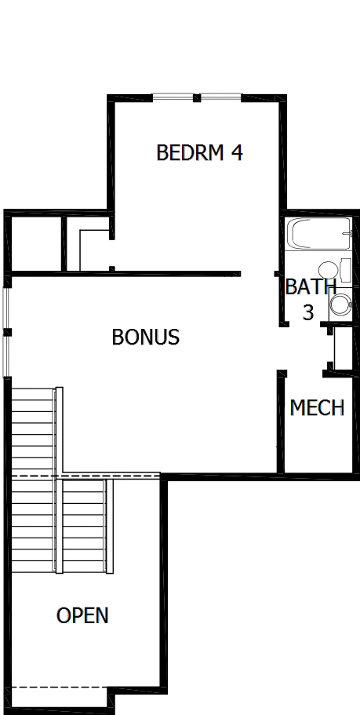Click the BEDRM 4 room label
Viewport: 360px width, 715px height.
199,152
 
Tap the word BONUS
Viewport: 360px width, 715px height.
146,337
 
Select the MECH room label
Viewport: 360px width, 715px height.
317,408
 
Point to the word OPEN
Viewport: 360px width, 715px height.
82,616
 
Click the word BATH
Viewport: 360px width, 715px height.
311,287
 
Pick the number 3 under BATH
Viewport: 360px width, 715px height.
308,312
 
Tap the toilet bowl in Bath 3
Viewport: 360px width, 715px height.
341,304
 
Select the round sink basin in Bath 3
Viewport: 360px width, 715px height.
327,268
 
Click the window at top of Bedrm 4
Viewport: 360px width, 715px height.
196,98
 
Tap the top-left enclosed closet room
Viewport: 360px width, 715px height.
36,243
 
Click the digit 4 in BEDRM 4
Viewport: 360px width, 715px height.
235,152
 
